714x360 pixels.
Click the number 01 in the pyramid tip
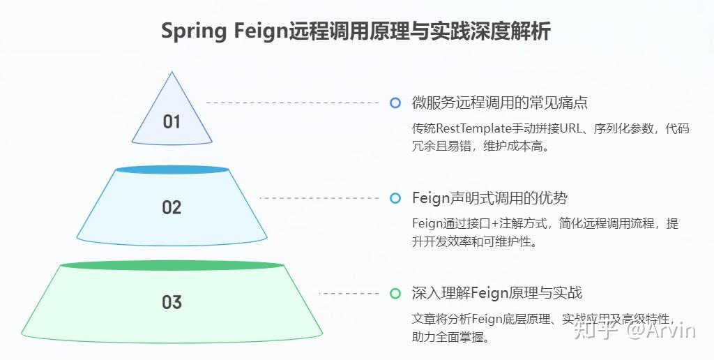coord(172,121)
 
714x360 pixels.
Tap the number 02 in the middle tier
coord(172,207)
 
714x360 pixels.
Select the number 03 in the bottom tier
coord(172,302)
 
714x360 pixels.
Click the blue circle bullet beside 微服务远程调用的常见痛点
coord(395,103)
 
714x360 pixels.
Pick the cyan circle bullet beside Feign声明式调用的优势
coord(395,198)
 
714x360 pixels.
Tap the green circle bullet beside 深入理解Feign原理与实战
coord(395,293)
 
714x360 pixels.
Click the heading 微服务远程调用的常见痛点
coord(499,103)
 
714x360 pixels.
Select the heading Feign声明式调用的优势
coord(489,198)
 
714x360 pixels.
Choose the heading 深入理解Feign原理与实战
coord(496,293)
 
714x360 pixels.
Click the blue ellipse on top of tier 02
coord(172,170)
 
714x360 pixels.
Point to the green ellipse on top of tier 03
coord(172,266)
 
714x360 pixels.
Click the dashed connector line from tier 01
coord(293,103)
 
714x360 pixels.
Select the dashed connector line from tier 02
coord(321,198)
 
